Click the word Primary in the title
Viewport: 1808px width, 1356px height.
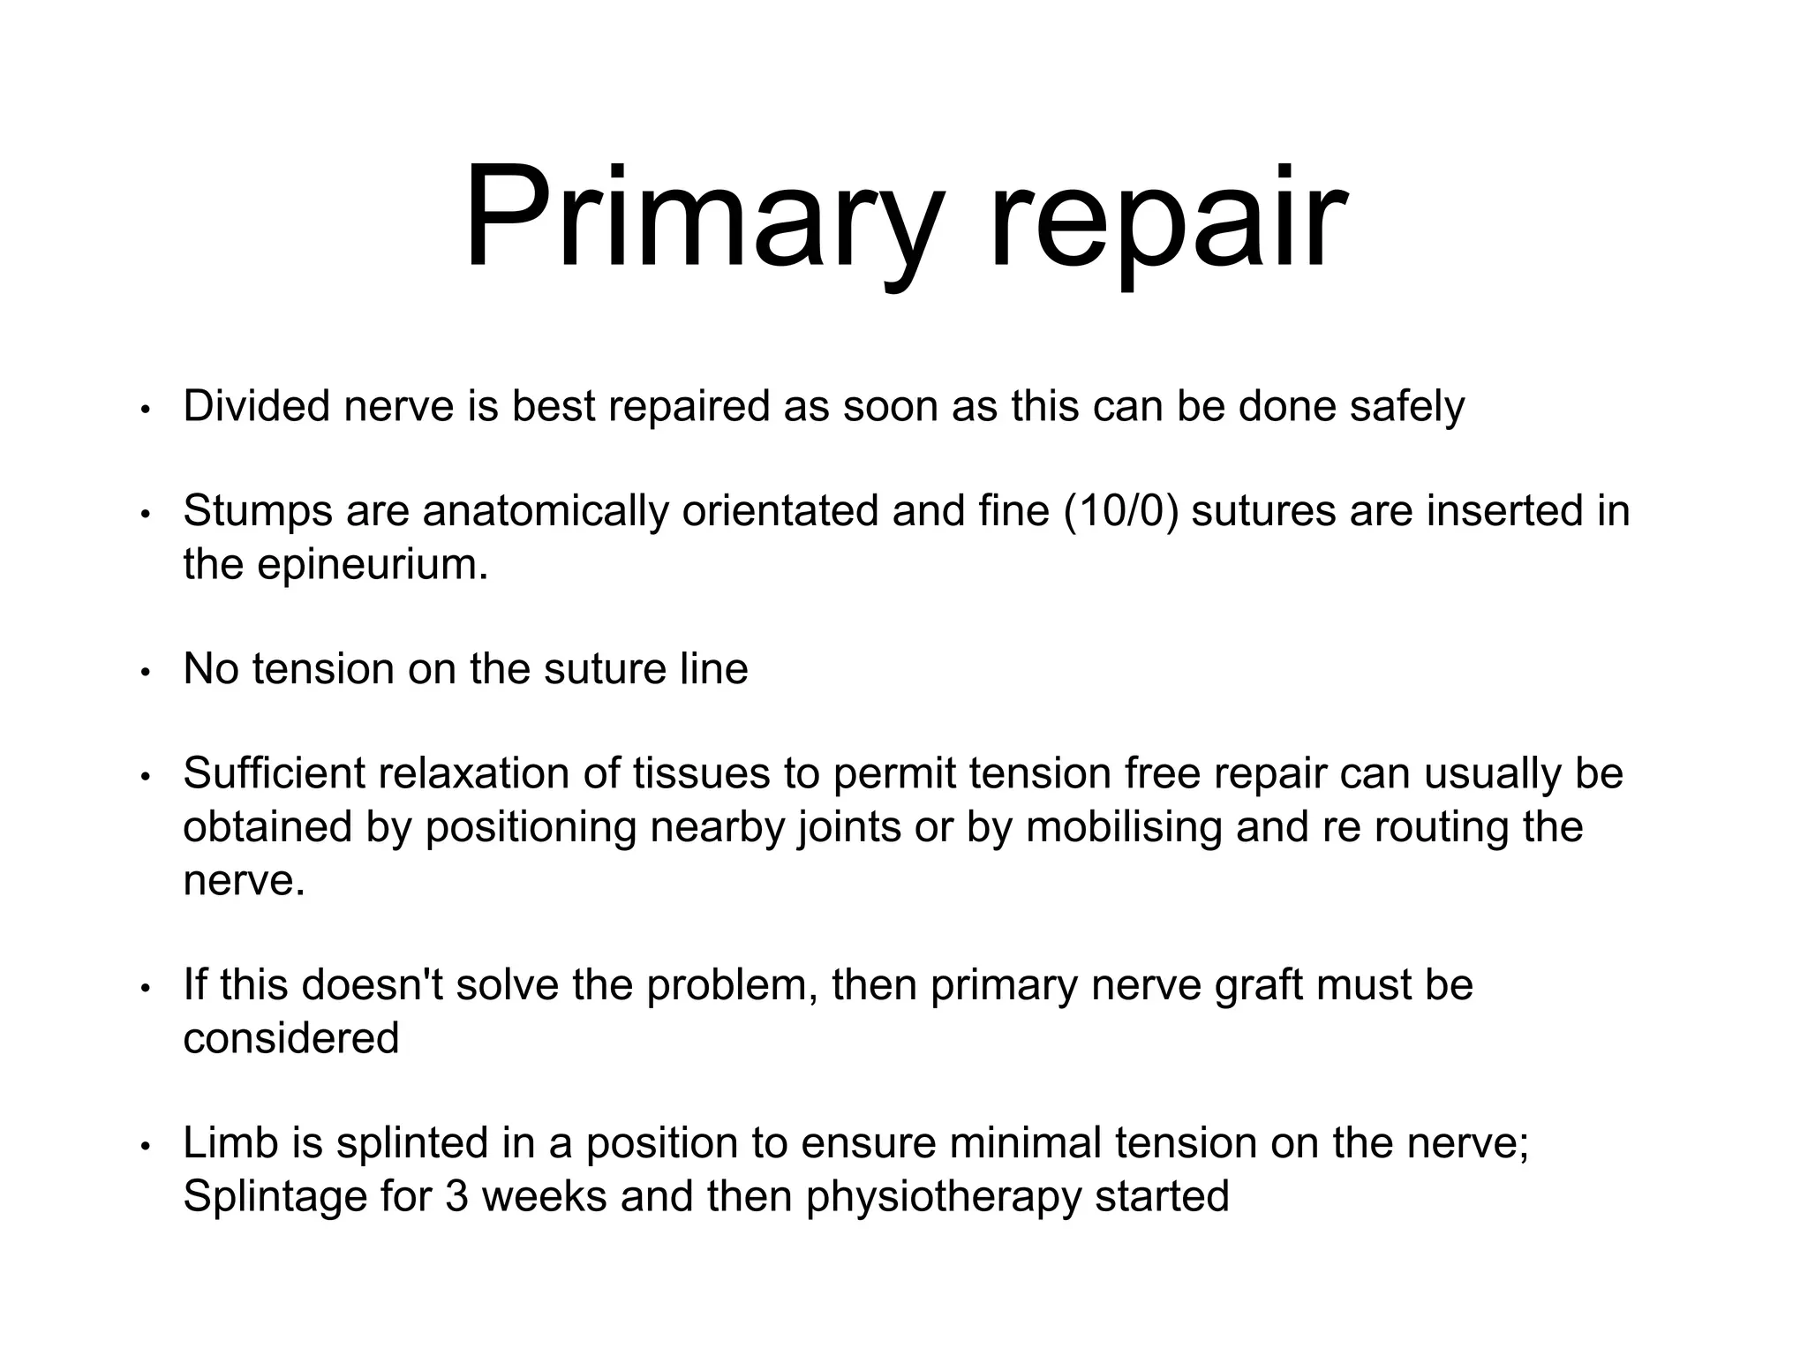click(697, 221)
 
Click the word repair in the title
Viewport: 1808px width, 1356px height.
click(1166, 221)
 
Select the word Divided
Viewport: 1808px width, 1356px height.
click(255, 406)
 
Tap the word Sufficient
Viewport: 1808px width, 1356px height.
click(274, 774)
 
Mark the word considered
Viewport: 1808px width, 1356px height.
click(291, 1038)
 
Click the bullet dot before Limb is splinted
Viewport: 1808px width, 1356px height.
click(147, 1146)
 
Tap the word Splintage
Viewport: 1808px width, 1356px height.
click(274, 1197)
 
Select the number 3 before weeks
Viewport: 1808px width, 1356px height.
click(456, 1196)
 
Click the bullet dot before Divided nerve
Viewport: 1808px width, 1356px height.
click(147, 410)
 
